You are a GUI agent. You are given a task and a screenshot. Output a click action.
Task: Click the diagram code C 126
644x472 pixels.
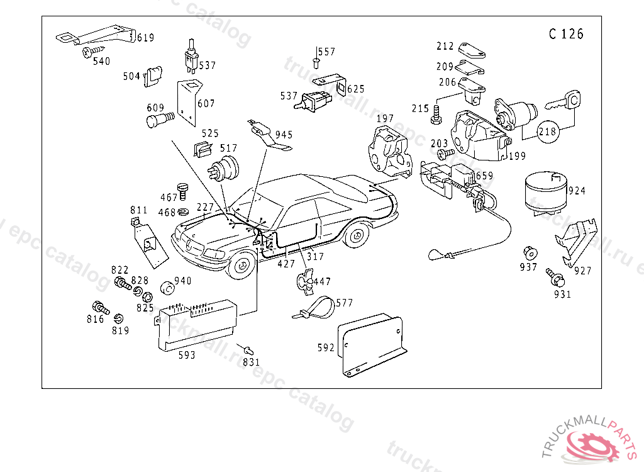point(566,34)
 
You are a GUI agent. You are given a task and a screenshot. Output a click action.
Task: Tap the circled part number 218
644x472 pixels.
point(548,132)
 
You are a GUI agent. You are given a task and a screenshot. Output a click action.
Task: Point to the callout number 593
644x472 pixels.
point(187,355)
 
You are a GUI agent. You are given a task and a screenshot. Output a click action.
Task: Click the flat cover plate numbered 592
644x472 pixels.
point(372,344)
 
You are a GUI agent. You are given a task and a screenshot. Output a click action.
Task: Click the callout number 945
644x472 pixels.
point(284,135)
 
